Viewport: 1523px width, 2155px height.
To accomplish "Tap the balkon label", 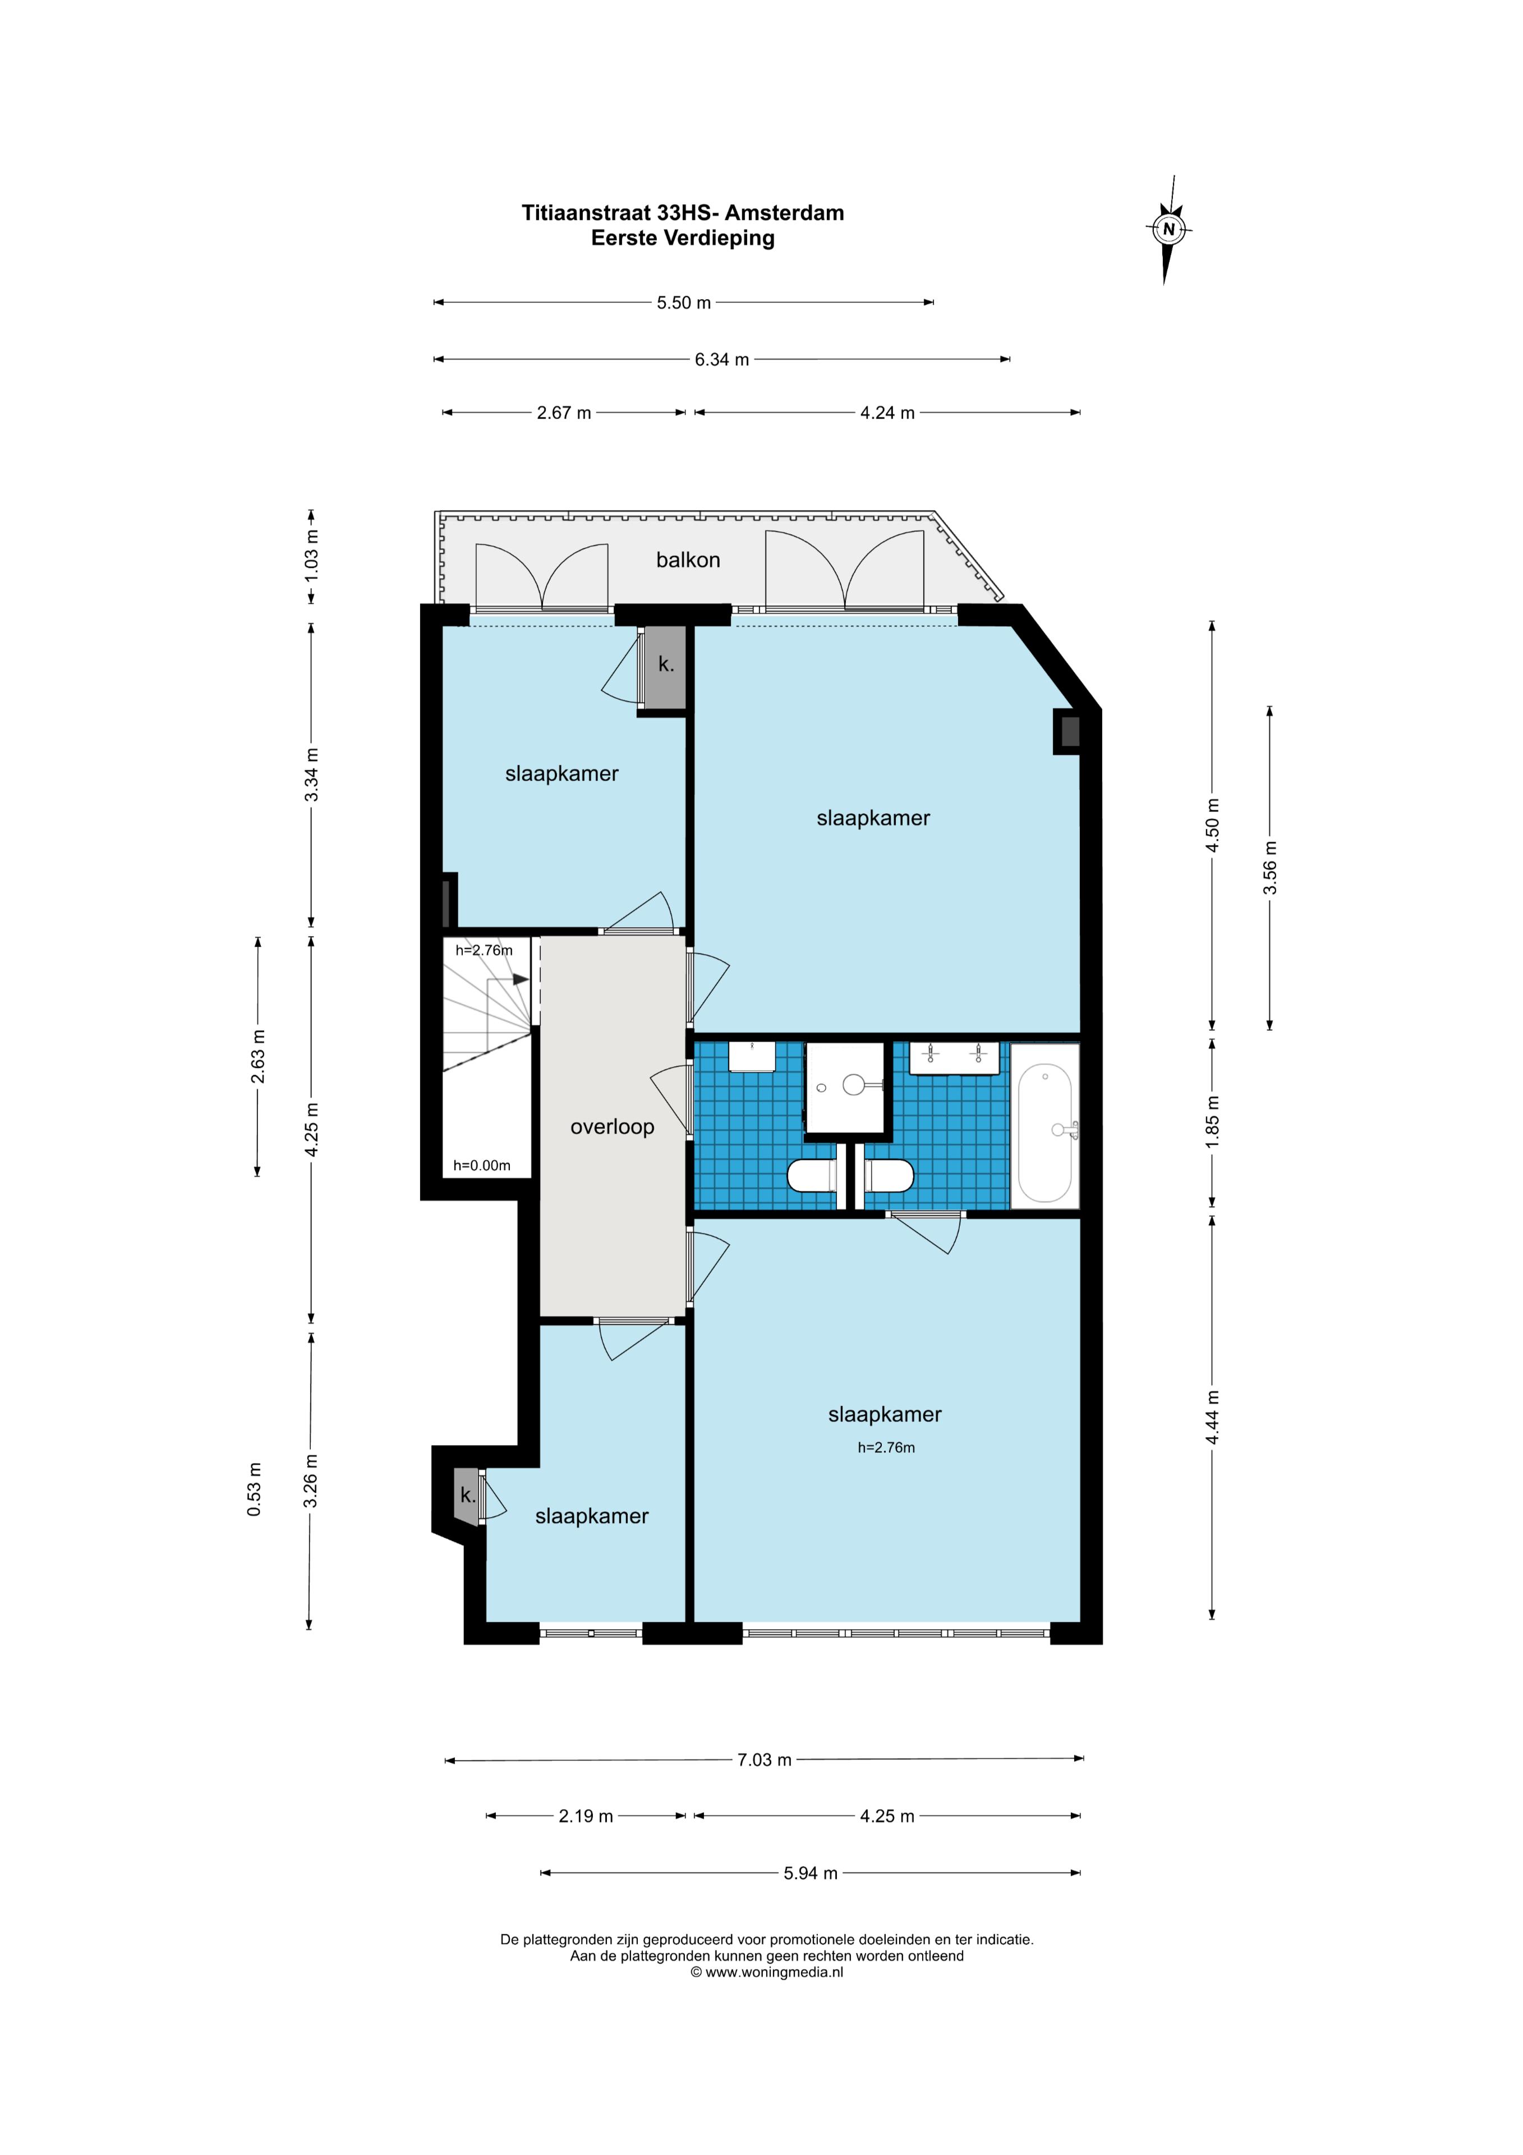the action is click(x=688, y=560).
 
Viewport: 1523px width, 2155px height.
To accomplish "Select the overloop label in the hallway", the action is click(x=612, y=1127).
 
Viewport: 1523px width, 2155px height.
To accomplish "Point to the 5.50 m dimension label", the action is click(x=683, y=303).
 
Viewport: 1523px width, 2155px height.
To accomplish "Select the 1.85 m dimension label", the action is click(x=1212, y=1121).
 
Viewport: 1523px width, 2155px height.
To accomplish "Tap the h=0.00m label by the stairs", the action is click(x=481, y=1166).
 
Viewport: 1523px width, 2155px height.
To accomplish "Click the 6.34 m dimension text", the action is click(x=721, y=360).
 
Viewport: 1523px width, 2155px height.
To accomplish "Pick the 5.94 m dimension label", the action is click(x=811, y=1873).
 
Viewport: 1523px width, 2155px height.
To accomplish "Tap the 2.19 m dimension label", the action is click(x=586, y=1816).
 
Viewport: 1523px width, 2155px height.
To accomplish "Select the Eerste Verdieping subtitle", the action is click(x=683, y=239).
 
